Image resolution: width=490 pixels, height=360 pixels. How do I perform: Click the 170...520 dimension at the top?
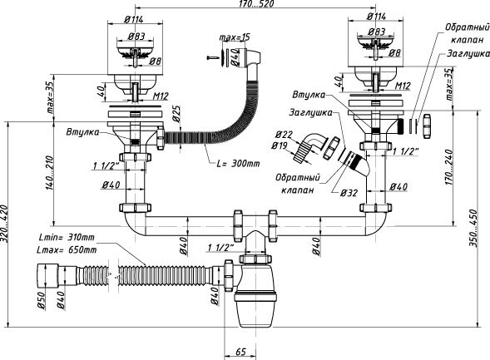tap(246, 5)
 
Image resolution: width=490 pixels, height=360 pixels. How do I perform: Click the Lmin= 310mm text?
tap(66, 239)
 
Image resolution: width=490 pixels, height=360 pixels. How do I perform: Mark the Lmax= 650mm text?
tap(67, 249)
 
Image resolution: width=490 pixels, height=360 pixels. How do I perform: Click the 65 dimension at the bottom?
tap(240, 353)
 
